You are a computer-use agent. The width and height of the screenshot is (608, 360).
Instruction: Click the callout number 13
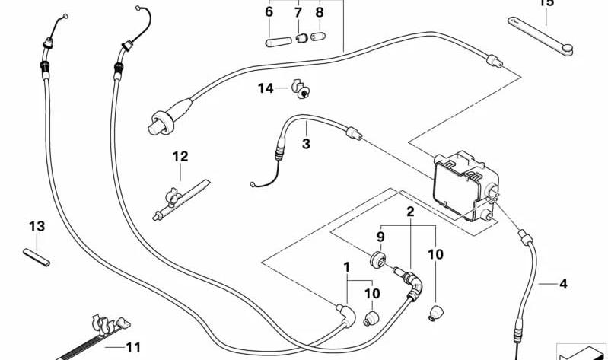37,226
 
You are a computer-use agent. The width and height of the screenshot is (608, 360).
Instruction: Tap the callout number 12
180,157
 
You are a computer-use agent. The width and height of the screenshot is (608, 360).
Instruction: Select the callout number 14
265,88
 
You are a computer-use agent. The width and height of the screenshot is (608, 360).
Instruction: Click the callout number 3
306,143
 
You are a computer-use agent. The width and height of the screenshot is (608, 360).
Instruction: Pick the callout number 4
563,285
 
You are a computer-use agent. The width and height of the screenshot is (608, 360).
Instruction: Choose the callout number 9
380,237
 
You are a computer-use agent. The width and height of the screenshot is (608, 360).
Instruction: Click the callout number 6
269,12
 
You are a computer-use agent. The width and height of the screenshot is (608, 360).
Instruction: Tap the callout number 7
298,12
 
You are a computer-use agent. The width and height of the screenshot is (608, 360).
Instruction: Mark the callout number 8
320,12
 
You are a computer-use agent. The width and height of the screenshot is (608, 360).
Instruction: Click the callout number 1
346,267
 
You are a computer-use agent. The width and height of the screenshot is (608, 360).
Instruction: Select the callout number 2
410,212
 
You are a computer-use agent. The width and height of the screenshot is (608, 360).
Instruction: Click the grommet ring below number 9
375,262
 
